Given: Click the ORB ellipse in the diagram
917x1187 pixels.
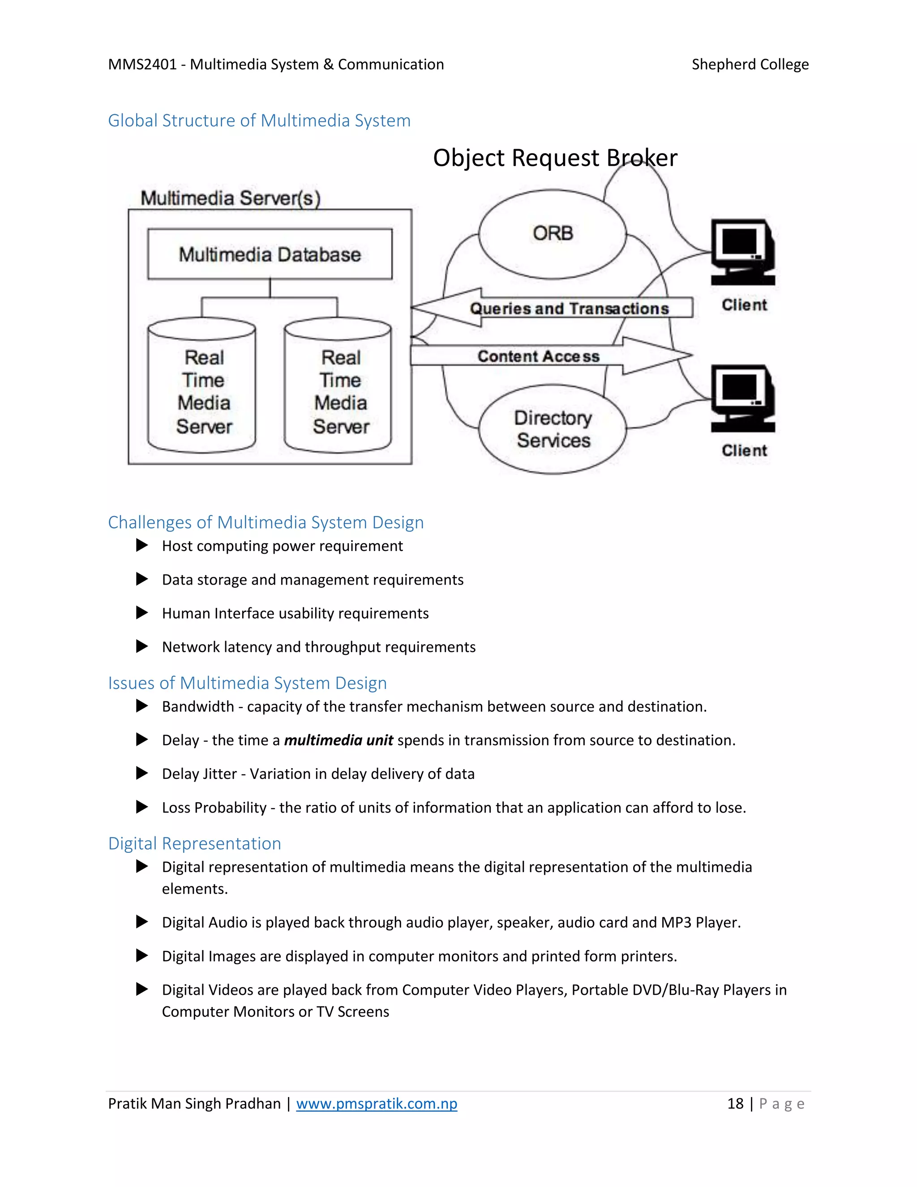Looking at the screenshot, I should [x=553, y=234].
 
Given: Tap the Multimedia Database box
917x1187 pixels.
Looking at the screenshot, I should [x=270, y=254].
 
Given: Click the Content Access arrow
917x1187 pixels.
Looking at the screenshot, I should [x=538, y=356].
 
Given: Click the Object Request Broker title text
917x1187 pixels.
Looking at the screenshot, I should [x=555, y=158].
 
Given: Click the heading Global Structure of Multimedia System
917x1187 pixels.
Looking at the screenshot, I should [x=259, y=120].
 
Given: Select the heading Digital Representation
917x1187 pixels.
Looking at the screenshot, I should [x=194, y=843].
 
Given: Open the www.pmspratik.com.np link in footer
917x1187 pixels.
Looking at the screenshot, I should [x=377, y=1103].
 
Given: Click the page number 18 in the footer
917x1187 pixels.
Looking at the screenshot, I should [x=735, y=1103].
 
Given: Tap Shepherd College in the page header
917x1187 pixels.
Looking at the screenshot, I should [x=750, y=64].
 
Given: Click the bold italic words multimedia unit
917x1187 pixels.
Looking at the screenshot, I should [x=339, y=740].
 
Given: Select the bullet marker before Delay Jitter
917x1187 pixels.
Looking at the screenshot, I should [x=142, y=774].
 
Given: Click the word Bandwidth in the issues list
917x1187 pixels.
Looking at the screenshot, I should [x=198, y=706].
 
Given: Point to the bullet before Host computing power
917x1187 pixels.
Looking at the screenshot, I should [x=142, y=545].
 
